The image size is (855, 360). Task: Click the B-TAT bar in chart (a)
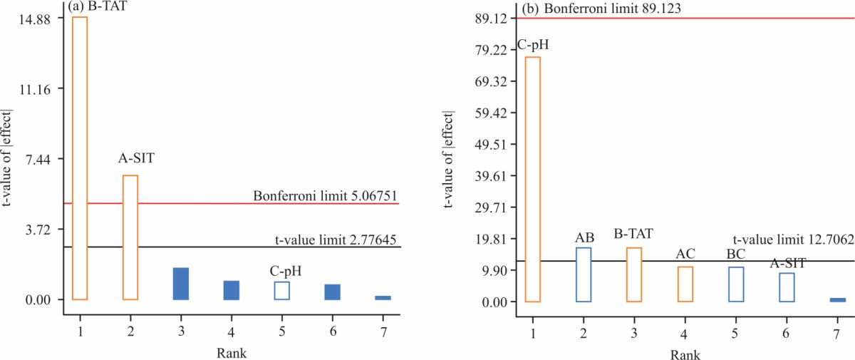[x=80, y=158]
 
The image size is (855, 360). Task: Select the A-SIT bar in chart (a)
[x=130, y=237]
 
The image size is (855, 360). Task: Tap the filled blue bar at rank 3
[x=181, y=284]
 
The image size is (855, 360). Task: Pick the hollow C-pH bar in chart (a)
[x=282, y=291]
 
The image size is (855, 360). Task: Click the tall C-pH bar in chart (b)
[x=533, y=179]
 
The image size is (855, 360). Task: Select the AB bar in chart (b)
[x=584, y=274]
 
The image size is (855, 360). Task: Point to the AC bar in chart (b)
[x=685, y=284]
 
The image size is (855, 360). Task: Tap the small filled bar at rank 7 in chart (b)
[x=838, y=299]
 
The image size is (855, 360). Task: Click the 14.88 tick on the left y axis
[x=36, y=19]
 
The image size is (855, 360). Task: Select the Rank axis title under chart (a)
[x=233, y=351]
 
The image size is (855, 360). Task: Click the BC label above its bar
[x=735, y=254]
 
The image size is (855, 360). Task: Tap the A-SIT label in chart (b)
[x=787, y=264]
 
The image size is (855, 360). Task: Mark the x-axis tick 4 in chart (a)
[x=232, y=331]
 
